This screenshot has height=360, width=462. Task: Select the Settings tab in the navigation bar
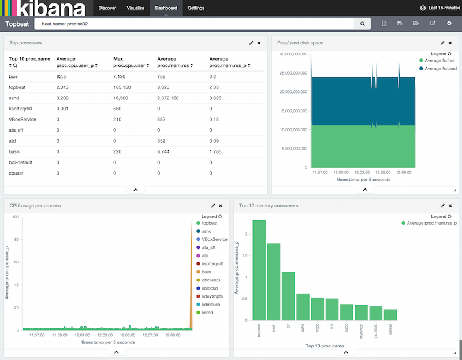pos(196,8)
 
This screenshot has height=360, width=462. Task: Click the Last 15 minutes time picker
pos(439,8)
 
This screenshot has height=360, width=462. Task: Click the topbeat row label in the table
pos(18,86)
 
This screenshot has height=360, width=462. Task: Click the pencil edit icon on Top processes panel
pos(251,43)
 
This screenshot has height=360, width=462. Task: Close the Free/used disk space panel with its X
pos(450,43)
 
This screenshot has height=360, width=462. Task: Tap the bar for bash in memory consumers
pos(273,282)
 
